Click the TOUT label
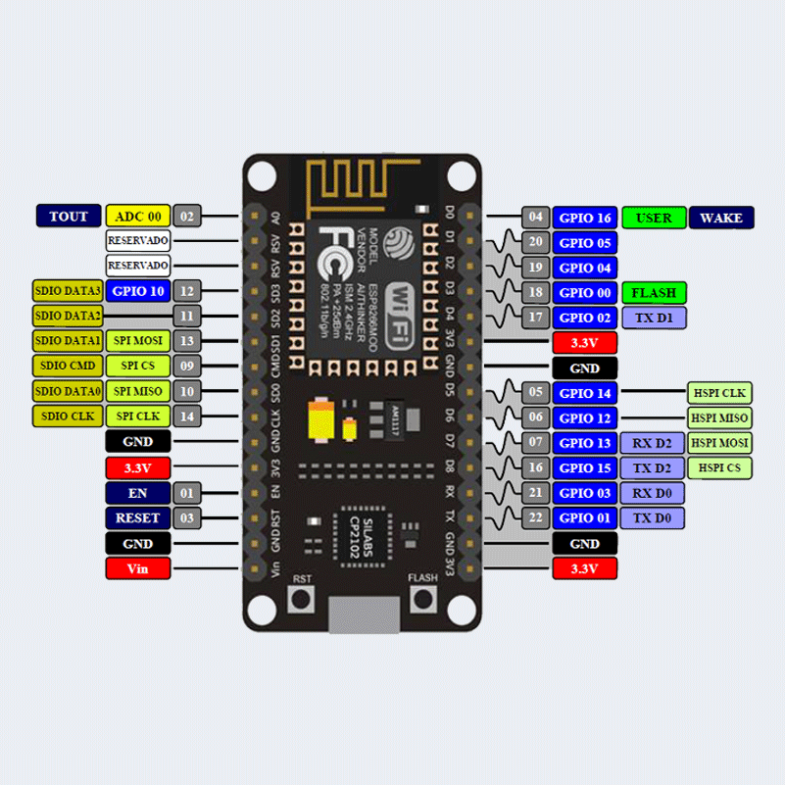point(69,217)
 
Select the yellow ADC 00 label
point(137,217)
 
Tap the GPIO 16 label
point(585,218)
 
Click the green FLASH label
point(654,293)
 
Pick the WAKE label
point(721,218)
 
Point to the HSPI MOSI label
point(719,443)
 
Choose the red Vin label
point(137,568)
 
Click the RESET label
point(137,518)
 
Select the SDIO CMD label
point(67,366)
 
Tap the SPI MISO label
point(137,391)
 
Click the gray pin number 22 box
point(535,518)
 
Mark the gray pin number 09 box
point(187,366)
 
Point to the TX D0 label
point(652,518)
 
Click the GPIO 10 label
point(137,290)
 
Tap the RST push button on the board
point(301,599)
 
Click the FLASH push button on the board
point(422,599)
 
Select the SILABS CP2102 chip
point(362,536)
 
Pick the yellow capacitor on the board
point(319,421)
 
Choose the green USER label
point(654,218)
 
